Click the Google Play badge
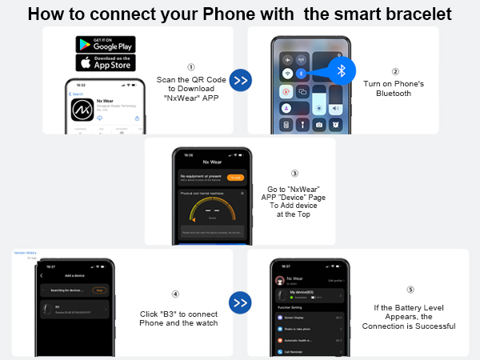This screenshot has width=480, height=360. (x=105, y=44)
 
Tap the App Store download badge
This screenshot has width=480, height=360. (x=105, y=62)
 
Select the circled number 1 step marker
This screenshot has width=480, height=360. (x=190, y=68)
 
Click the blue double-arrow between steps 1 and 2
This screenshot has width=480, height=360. (x=241, y=79)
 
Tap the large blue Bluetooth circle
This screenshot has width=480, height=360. (x=342, y=70)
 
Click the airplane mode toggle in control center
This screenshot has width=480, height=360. (x=286, y=59)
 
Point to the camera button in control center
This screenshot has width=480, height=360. (x=320, y=125)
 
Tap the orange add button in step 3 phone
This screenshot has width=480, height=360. (x=235, y=177)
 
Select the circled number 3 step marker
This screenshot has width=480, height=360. (x=294, y=173)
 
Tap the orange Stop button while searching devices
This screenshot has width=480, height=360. (x=99, y=290)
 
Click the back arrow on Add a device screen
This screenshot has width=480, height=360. (x=42, y=276)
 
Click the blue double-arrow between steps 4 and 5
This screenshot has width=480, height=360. (x=241, y=303)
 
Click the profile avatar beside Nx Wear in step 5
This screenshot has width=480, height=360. (x=280, y=280)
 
